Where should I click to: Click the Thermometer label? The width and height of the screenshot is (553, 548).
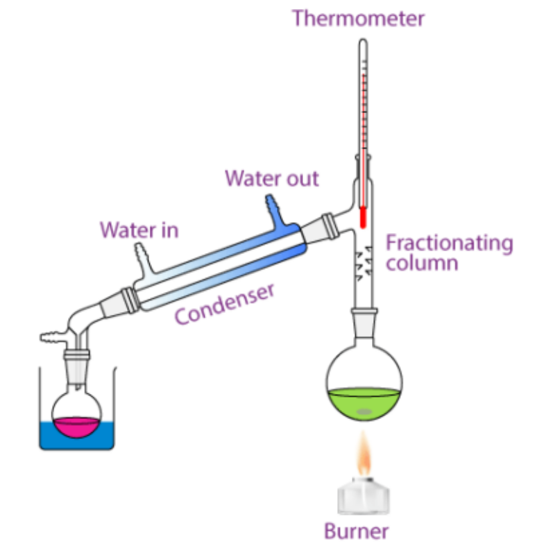coord(357,17)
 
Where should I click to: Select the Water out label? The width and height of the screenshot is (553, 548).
coord(271,178)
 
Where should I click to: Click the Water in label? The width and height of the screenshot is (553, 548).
coord(139,230)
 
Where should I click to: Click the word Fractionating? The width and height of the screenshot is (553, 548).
coord(449,243)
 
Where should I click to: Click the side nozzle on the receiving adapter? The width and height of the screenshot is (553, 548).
coord(51,339)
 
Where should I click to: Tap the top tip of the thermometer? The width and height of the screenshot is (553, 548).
coord(362,43)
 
